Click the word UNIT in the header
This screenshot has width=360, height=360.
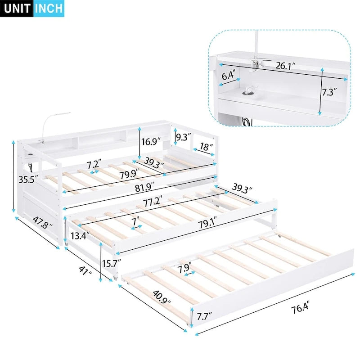click(x=17, y=9)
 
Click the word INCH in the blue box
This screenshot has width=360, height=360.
click(x=49, y=9)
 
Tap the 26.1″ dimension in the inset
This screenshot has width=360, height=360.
click(x=285, y=66)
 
